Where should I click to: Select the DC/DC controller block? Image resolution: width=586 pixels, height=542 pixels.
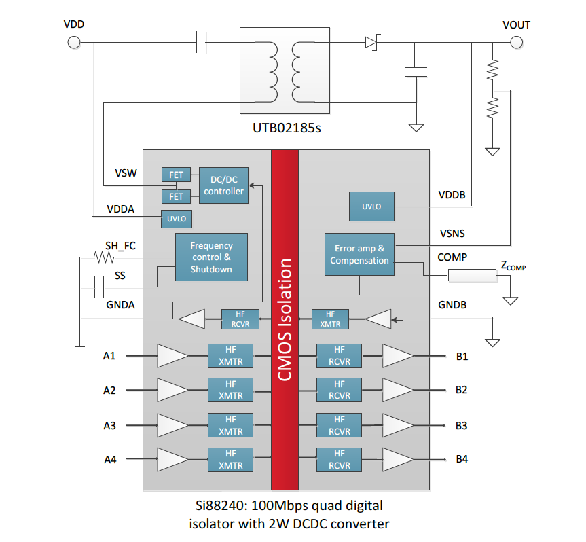coord(223,185)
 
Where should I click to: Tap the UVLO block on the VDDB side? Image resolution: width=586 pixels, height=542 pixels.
coord(371,206)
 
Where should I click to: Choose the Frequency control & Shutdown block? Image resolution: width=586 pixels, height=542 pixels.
coord(211,257)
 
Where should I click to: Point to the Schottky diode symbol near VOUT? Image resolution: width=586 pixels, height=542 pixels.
coord(371,43)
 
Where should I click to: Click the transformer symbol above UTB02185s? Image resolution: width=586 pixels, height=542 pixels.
coord(285,70)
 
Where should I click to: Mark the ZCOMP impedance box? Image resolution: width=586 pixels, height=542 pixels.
coord(472,275)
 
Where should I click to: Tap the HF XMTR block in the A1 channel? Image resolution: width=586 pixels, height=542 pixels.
coord(230,355)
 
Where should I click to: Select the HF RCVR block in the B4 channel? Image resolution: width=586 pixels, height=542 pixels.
coord(340,460)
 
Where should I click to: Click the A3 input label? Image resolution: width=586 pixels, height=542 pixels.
coord(109,426)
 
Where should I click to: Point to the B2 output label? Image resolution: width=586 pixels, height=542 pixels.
coord(462,390)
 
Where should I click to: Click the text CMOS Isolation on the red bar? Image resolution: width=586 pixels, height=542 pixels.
coord(285,319)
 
